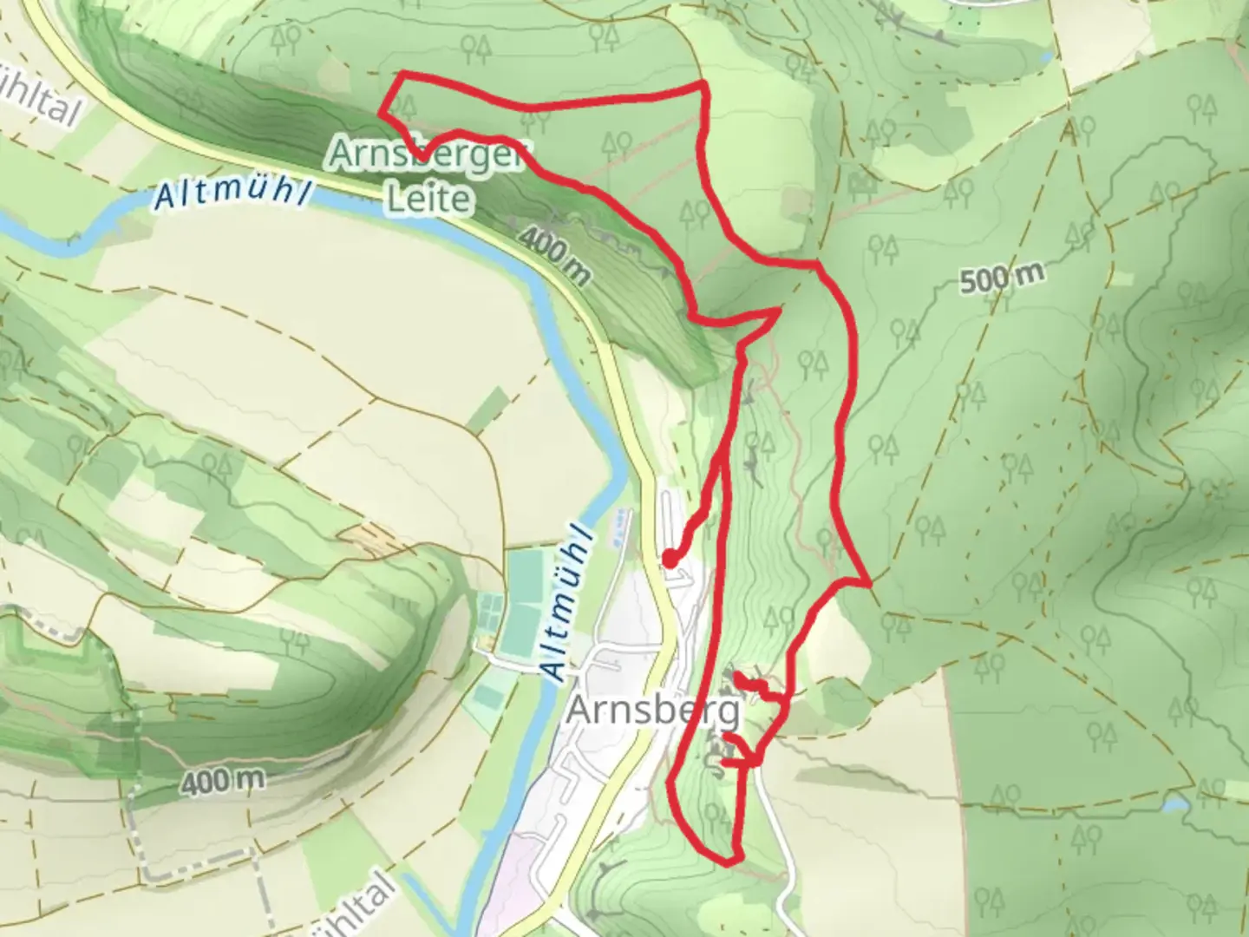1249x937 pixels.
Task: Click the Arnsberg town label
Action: coord(653,712)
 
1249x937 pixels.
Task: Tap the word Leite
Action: coord(428,200)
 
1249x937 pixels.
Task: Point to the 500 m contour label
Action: coord(1002,278)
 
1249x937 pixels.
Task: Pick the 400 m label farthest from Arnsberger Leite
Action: coord(223,782)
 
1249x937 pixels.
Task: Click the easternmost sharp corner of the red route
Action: coord(868,584)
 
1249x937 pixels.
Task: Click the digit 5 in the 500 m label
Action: coord(970,282)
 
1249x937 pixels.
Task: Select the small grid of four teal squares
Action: coord(491,604)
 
